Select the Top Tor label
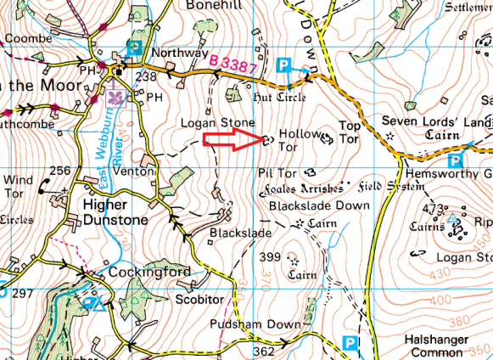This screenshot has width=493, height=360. (350, 132)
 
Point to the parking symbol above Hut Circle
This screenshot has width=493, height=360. (285, 64)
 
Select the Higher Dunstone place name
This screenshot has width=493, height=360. (116, 212)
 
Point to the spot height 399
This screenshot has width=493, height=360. (269, 257)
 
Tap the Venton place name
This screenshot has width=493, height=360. (138, 171)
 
